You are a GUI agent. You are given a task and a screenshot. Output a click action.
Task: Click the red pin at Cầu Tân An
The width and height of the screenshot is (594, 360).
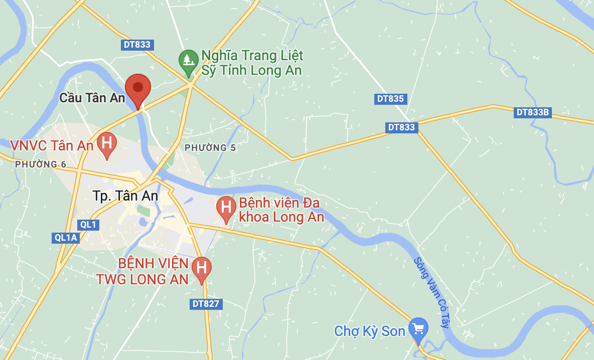point(138,89)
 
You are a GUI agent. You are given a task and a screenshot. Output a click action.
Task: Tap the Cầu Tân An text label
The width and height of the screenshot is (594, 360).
point(92,98)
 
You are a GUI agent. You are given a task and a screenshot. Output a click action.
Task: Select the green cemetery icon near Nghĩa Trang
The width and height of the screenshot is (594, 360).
point(189,61)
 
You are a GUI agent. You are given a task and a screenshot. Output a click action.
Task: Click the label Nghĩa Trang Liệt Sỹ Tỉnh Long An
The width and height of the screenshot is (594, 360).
point(252,63)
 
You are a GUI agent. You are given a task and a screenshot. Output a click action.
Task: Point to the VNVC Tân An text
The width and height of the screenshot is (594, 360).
point(52,145)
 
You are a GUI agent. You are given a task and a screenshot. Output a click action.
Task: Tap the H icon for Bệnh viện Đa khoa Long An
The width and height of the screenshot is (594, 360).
point(226,207)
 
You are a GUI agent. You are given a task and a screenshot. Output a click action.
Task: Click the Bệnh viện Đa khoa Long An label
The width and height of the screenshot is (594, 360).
point(281,210)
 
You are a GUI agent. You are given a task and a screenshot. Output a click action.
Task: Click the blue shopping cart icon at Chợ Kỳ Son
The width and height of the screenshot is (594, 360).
point(418,329)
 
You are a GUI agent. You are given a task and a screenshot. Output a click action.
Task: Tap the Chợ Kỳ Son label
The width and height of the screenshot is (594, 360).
point(370,331)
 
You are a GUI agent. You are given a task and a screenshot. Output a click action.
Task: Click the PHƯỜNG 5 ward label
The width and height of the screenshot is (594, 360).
point(210,148)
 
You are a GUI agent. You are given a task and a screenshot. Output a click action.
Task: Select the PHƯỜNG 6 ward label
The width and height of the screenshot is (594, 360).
point(41,164)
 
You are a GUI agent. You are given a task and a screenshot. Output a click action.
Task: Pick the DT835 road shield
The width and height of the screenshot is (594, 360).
point(390,99)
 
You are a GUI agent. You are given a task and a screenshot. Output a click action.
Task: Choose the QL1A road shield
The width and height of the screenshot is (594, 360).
point(66,238)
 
